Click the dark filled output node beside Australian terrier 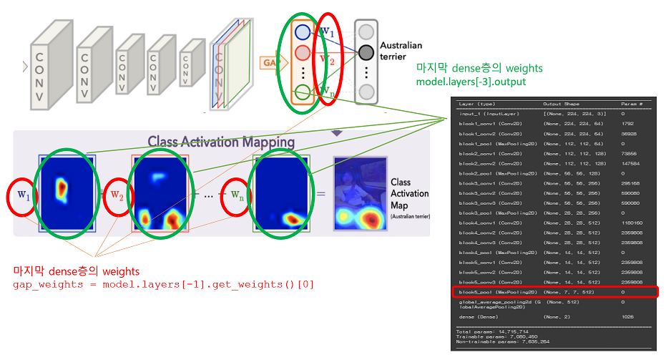pos(366,52)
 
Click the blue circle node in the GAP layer pos(302,32)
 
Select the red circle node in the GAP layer pos(302,53)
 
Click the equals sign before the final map pos(321,194)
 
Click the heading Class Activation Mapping pos(221,142)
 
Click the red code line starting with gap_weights pos(163,285)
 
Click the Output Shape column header pos(564,104)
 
